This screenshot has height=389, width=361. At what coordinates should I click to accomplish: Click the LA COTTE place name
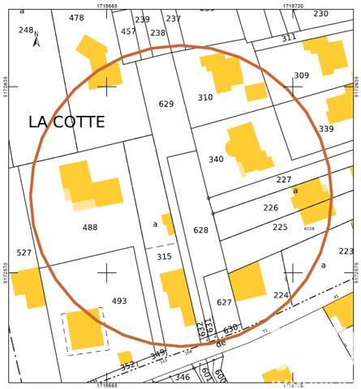67,122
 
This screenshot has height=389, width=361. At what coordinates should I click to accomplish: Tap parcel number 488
90,228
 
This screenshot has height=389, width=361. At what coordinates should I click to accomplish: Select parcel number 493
119,301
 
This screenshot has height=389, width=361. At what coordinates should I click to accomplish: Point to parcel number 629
166,104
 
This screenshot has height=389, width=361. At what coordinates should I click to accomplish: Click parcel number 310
205,97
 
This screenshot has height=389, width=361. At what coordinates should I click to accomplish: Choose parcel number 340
216,160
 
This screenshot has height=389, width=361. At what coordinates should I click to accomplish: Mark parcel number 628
201,230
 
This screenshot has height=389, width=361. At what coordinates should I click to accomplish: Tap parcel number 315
164,257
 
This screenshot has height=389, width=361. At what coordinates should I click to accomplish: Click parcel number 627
225,303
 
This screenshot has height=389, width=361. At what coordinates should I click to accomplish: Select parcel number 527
24,253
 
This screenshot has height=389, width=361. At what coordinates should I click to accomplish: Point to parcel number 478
76,18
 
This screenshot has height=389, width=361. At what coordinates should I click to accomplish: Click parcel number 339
326,129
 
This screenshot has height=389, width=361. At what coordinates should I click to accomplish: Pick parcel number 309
301,75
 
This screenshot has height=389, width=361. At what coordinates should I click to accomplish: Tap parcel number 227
283,180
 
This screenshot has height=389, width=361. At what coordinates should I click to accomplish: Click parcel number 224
281,295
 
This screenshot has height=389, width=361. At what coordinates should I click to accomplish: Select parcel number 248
26,30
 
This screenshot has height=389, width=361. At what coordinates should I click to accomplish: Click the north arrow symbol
36,41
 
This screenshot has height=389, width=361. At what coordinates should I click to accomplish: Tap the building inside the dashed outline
84,329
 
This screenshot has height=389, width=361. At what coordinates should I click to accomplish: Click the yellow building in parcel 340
249,147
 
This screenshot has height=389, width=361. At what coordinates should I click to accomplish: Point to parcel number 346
183,378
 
